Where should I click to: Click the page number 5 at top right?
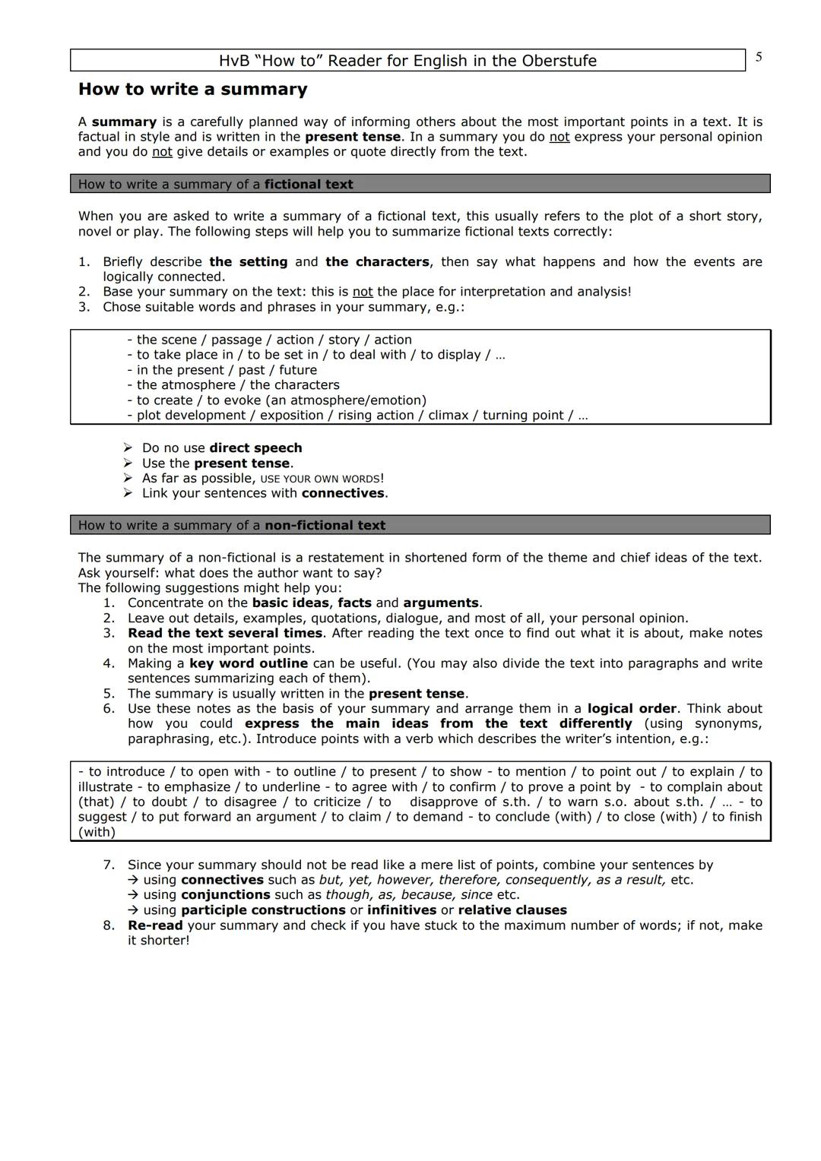coord(759,58)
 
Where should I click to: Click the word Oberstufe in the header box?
coord(559,61)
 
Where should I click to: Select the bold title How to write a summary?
coord(192,90)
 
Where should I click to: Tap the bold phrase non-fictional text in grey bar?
coord(325,525)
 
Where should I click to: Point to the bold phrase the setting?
coord(248,262)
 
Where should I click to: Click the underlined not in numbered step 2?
coord(363,292)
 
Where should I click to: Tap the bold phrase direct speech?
coord(255,448)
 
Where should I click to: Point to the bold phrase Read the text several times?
coord(225,633)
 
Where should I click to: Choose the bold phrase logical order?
coord(631,708)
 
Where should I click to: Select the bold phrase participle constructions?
coord(263,910)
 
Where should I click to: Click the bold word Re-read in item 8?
coord(155,925)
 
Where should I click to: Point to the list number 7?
coord(109,865)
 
